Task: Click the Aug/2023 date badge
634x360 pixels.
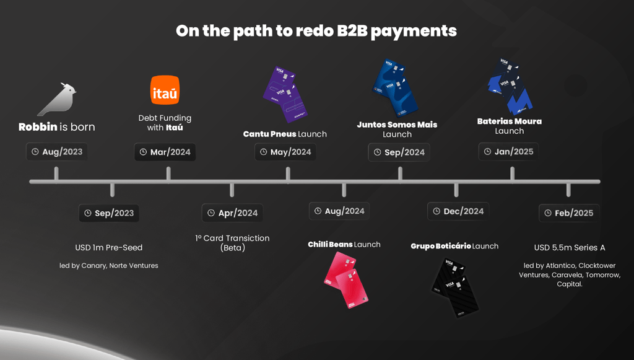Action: click(56, 152)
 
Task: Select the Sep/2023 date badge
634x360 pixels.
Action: click(109, 213)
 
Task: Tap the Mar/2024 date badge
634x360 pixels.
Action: click(165, 152)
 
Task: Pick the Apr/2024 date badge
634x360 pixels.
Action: click(232, 213)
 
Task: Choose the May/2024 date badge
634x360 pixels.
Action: click(285, 152)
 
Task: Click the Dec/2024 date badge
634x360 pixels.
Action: click(458, 211)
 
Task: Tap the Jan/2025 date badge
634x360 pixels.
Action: click(508, 151)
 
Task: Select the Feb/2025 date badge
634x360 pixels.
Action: click(568, 213)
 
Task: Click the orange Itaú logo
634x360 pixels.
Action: click(165, 90)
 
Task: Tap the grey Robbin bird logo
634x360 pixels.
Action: click(57, 99)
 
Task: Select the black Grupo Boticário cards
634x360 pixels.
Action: click(455, 286)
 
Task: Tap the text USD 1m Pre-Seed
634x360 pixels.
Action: click(109, 247)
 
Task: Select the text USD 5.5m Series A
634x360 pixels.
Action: click(570, 247)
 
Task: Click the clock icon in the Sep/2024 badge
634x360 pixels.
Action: click(377, 152)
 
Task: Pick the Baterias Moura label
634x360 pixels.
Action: click(510, 121)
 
